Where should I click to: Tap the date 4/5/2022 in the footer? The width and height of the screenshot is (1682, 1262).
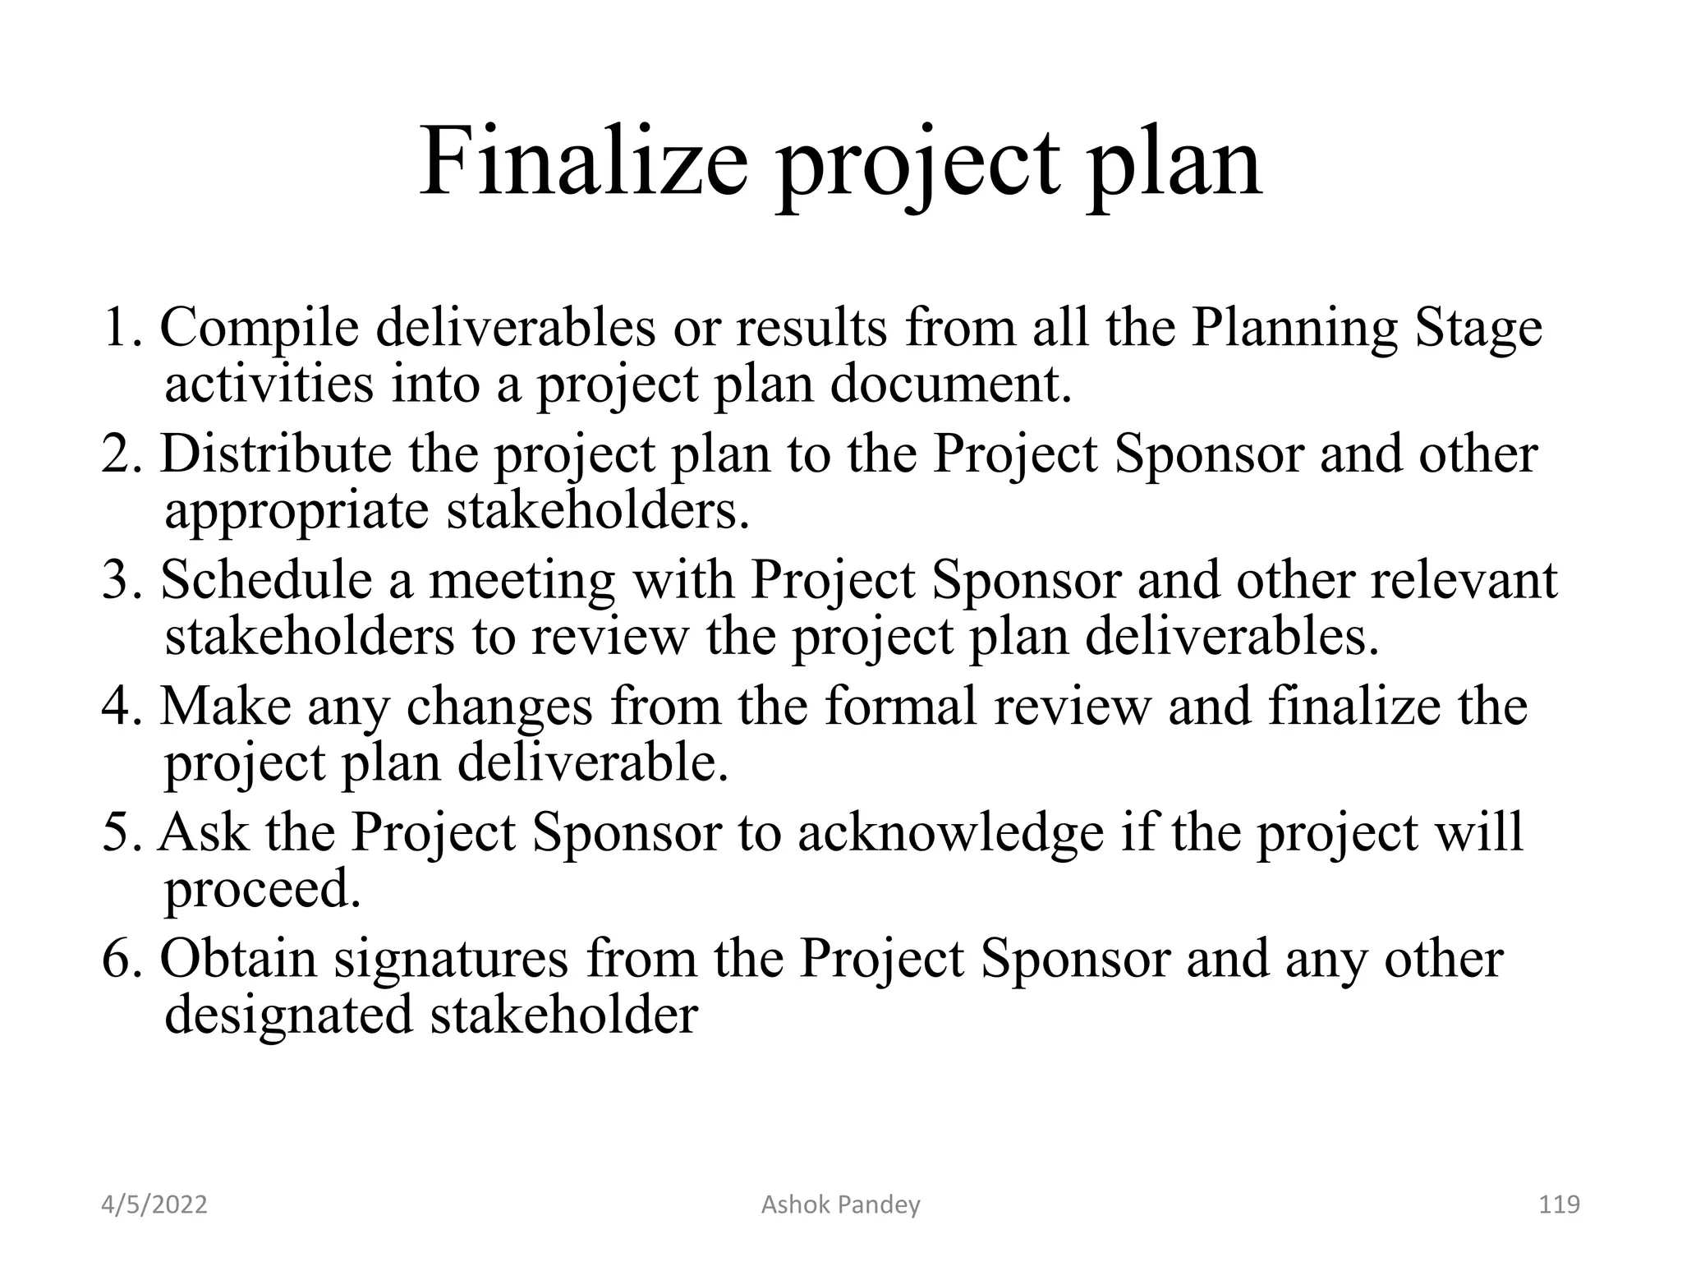tap(154, 1204)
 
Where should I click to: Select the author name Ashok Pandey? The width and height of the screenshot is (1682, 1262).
tap(840, 1204)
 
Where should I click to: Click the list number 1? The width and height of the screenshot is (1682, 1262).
tap(120, 329)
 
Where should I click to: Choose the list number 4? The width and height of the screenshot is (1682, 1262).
tap(120, 707)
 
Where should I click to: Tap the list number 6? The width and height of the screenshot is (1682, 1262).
tap(120, 959)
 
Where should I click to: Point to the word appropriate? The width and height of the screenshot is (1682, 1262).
tap(296, 512)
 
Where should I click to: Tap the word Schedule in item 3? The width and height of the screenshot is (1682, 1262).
tap(266, 580)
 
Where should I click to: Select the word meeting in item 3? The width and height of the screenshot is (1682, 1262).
tap(522, 582)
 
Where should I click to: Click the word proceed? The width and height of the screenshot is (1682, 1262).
tap(263, 891)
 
